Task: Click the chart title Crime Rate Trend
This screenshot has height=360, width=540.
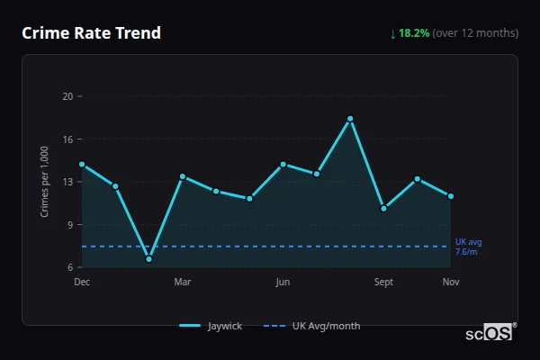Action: [x=91, y=33]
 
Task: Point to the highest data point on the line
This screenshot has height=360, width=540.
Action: [x=350, y=119]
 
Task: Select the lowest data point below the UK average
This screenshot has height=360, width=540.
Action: [x=148, y=259]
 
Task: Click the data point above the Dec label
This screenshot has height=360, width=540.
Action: [x=82, y=165]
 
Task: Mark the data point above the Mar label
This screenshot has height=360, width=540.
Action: [x=183, y=176]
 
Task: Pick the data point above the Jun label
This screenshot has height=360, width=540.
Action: [x=283, y=164]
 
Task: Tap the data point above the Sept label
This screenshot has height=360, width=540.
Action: [x=383, y=208]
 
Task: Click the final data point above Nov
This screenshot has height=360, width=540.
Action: [x=451, y=196]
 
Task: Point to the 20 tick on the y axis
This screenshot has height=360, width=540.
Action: [x=67, y=96]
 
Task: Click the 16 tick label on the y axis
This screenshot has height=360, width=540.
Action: [x=67, y=139]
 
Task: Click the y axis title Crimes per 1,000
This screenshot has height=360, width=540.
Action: [x=45, y=181]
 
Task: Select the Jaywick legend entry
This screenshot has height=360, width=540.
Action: [x=212, y=326]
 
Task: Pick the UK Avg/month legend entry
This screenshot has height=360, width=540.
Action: [x=313, y=326]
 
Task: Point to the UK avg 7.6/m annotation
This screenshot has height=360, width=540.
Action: [x=468, y=247]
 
